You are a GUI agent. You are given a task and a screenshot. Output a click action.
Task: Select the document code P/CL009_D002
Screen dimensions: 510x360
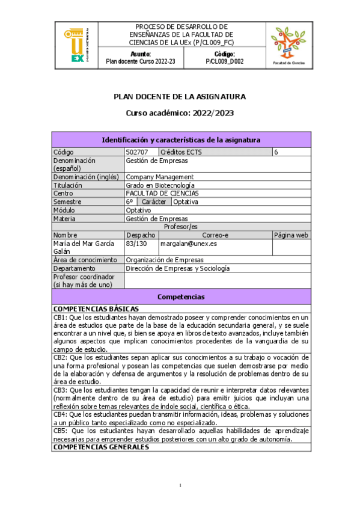click(x=224, y=61)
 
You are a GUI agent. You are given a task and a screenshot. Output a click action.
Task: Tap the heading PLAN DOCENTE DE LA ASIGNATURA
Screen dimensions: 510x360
click(x=180, y=96)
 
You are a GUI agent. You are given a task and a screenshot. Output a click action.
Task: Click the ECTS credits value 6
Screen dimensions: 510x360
click(x=276, y=152)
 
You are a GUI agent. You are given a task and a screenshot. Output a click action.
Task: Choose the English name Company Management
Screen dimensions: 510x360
click(x=160, y=177)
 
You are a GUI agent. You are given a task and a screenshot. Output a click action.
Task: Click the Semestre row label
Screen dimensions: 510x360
click(x=67, y=202)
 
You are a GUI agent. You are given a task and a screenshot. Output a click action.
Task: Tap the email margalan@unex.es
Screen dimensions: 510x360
click(x=189, y=244)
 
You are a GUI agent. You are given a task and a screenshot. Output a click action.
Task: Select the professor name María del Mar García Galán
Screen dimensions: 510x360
click(x=83, y=248)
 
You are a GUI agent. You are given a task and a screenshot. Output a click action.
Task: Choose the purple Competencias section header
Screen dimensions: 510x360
click(x=181, y=297)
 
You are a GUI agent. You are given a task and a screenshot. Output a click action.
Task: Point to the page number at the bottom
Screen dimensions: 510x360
click(x=180, y=485)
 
